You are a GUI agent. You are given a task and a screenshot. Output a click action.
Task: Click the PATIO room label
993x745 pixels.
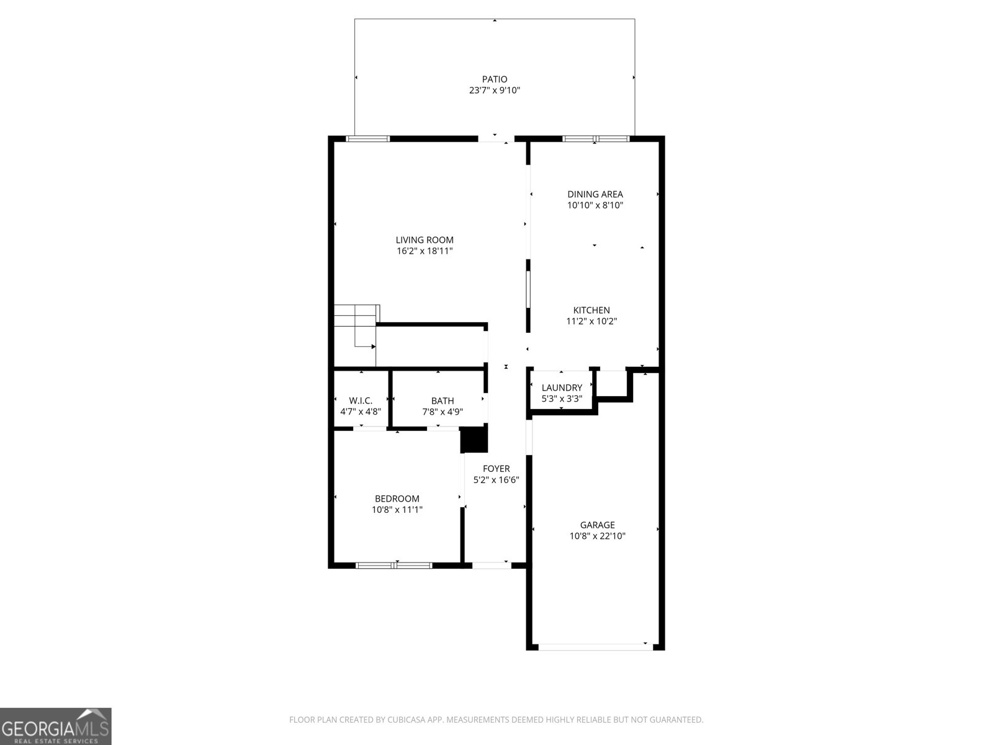(x=495, y=79)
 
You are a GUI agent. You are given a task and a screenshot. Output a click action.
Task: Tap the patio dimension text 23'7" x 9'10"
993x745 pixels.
(x=495, y=91)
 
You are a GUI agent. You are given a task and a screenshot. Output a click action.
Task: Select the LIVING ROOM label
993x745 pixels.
(x=425, y=240)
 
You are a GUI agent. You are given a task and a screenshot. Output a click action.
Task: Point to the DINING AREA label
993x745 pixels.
(x=595, y=194)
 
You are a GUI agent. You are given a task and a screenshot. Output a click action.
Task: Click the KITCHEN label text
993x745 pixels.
(x=591, y=310)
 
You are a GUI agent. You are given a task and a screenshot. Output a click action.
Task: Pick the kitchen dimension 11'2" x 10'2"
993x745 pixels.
(x=591, y=322)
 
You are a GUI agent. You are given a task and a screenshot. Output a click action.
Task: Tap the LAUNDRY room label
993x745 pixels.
(x=562, y=387)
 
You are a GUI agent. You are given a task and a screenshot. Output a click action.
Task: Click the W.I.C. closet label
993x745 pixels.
(x=361, y=401)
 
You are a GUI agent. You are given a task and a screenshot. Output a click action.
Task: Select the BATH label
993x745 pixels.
(x=443, y=401)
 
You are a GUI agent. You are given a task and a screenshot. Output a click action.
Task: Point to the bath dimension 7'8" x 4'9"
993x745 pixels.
(x=443, y=412)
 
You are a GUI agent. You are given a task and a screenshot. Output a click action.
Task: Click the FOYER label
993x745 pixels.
(x=496, y=469)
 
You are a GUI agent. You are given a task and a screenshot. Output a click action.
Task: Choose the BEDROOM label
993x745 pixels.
(x=397, y=499)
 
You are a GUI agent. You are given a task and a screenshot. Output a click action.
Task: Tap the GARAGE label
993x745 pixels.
(x=597, y=525)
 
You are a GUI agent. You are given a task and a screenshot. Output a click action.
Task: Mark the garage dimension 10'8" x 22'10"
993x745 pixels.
(x=597, y=536)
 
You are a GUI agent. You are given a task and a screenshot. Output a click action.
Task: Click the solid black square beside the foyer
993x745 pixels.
(x=474, y=440)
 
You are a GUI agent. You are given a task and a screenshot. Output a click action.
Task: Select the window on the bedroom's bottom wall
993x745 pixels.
(x=394, y=565)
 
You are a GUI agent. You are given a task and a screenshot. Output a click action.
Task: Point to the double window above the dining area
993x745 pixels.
(x=596, y=139)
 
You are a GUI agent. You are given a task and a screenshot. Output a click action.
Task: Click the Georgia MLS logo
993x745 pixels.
(x=55, y=726)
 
